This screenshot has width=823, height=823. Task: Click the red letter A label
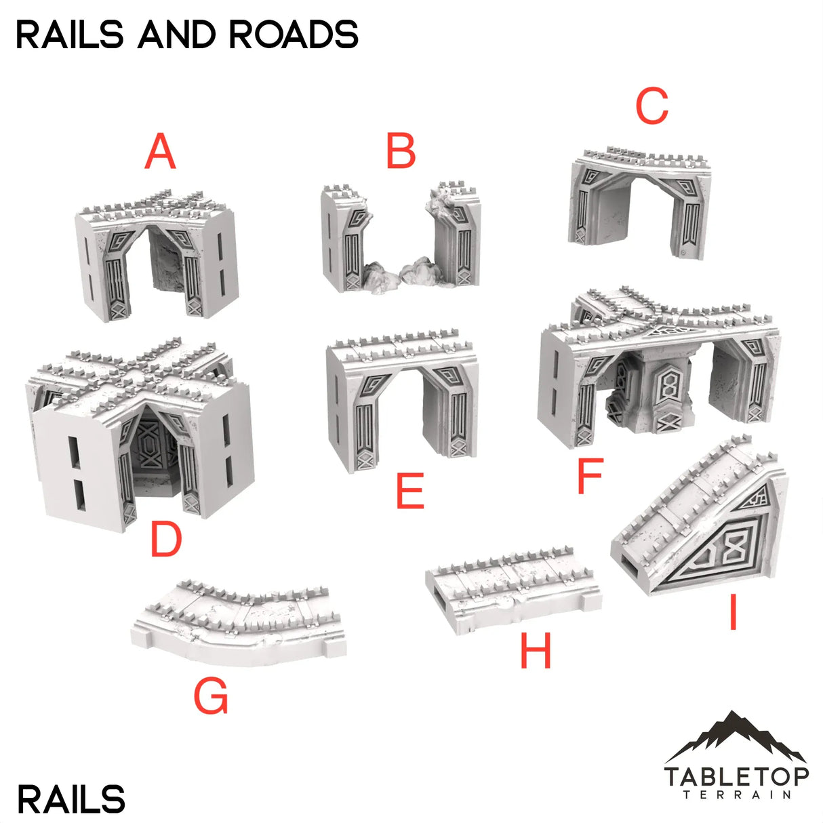pyautogui.click(x=160, y=152)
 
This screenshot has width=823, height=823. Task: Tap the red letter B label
pyautogui.click(x=401, y=152)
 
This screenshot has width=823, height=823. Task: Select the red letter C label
pyautogui.click(x=651, y=107)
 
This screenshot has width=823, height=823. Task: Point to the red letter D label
pyautogui.click(x=166, y=540)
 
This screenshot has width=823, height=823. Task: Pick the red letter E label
pyautogui.click(x=410, y=491)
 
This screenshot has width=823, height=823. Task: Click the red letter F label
pyautogui.click(x=590, y=476)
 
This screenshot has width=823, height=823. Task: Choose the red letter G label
pyautogui.click(x=211, y=696)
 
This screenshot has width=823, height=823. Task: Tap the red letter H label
pyautogui.click(x=536, y=651)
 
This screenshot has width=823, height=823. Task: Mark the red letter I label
pyautogui.click(x=732, y=614)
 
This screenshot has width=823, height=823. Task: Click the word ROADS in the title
pyautogui.click(x=294, y=35)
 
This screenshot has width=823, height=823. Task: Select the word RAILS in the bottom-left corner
pyautogui.click(x=71, y=800)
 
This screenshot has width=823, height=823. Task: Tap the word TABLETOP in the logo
pyautogui.click(x=736, y=776)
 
